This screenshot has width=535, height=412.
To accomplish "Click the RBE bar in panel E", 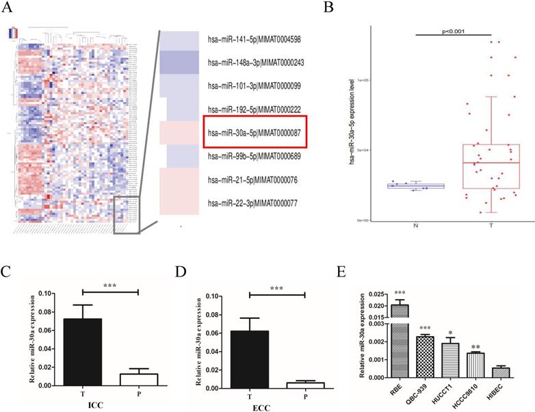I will [399, 340].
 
